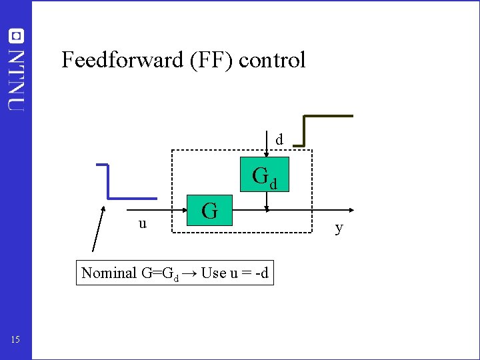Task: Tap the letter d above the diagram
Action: (x=279, y=140)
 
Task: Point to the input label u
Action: (x=143, y=223)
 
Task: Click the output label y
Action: (x=339, y=228)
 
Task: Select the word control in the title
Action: (x=272, y=60)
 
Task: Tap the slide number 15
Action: (x=15, y=341)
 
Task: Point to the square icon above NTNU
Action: (x=16, y=35)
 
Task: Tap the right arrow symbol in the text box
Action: (x=189, y=273)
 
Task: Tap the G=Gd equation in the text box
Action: (x=159, y=273)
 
